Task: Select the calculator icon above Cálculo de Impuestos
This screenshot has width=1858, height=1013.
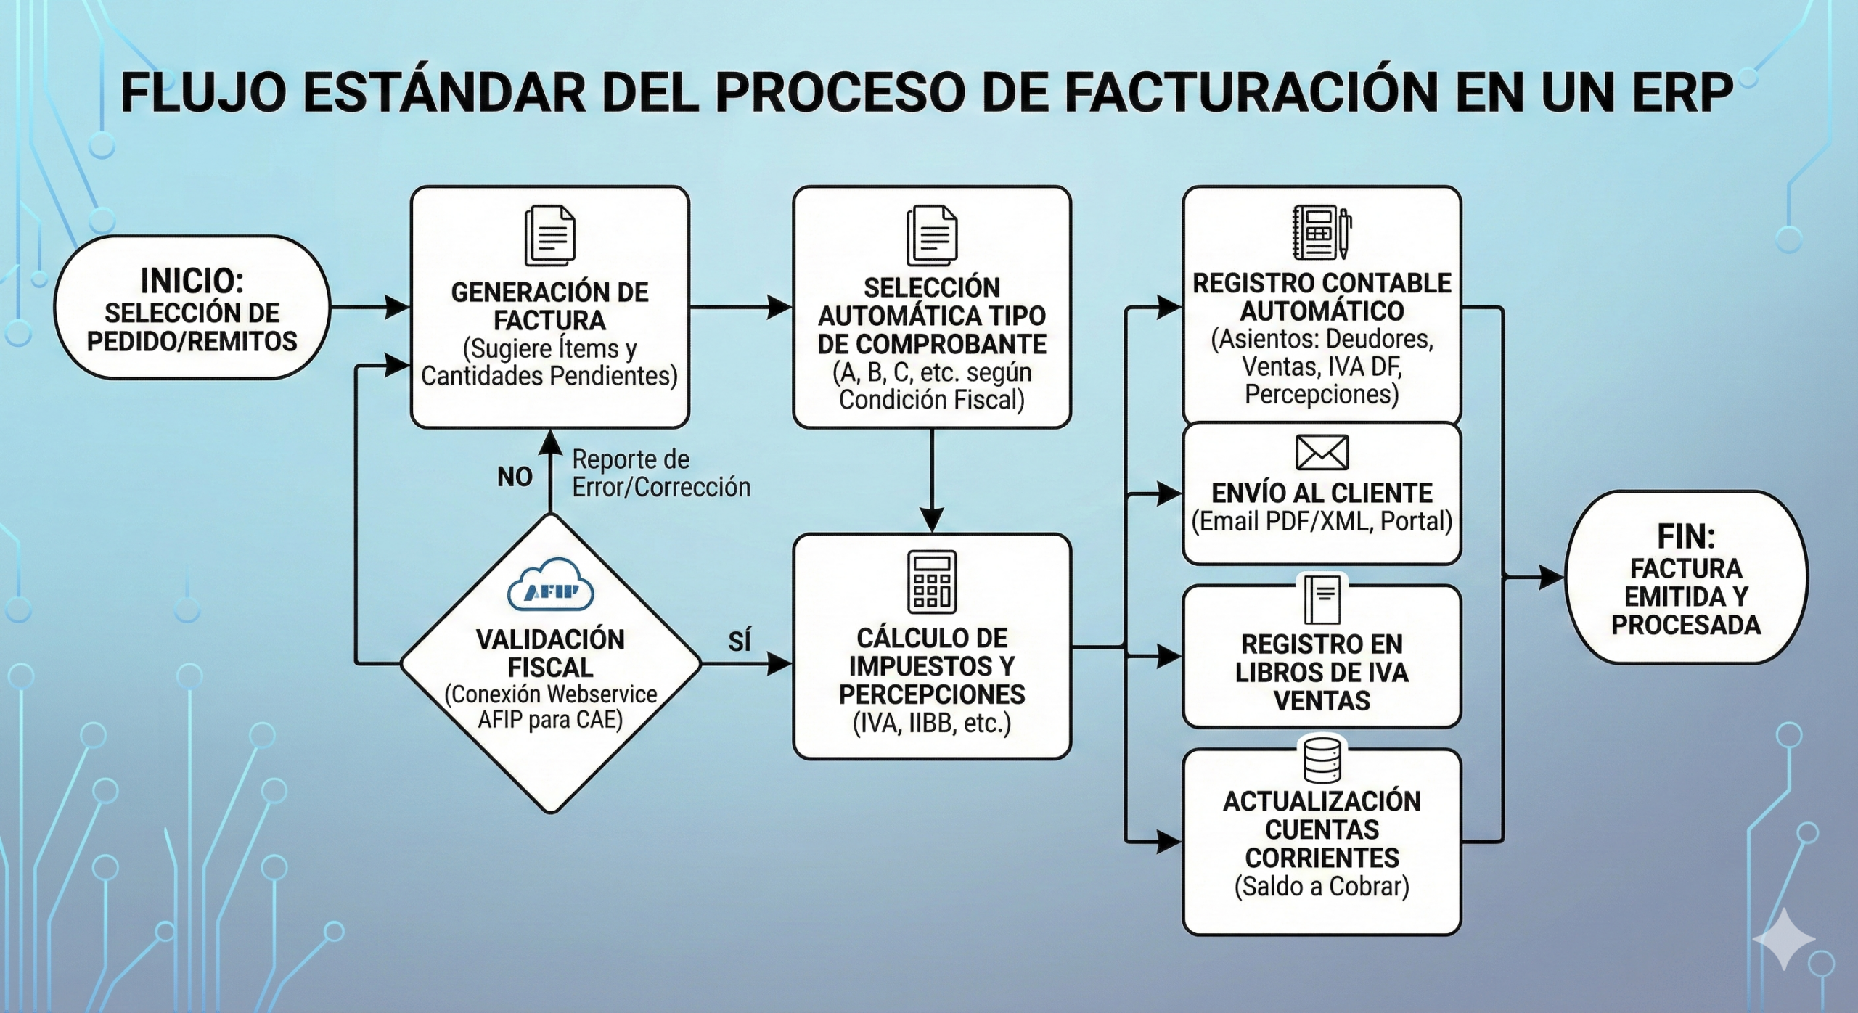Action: click(932, 581)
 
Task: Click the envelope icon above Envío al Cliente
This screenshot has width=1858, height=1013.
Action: click(1322, 453)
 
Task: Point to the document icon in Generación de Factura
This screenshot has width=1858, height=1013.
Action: click(550, 236)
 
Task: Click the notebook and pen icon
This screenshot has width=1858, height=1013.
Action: click(1322, 232)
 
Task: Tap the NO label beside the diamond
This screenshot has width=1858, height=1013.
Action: click(515, 477)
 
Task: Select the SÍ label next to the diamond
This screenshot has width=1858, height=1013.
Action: click(739, 641)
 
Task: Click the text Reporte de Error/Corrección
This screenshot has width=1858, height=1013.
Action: click(660, 473)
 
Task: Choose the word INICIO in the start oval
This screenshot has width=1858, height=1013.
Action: click(192, 280)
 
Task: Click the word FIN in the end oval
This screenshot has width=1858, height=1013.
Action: click(1686, 537)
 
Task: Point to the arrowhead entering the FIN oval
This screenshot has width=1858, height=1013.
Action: click(1553, 578)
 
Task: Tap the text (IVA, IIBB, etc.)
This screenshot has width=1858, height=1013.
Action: click(932, 723)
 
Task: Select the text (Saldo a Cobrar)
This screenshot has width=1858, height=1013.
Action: click(1322, 886)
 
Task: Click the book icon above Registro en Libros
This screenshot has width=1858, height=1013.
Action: click(1322, 600)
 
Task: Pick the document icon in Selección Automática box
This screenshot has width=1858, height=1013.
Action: click(932, 236)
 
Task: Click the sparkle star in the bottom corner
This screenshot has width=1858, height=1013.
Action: click(1783, 939)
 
